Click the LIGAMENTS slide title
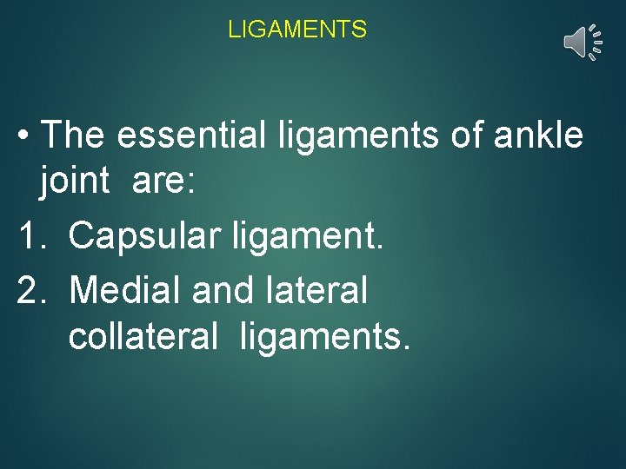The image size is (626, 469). coord(297,30)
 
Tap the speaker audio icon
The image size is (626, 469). coord(581,42)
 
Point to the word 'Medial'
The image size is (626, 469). coord(124,290)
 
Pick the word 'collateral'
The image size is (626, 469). coord(143,337)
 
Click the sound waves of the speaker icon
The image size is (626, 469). coord(596,42)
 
